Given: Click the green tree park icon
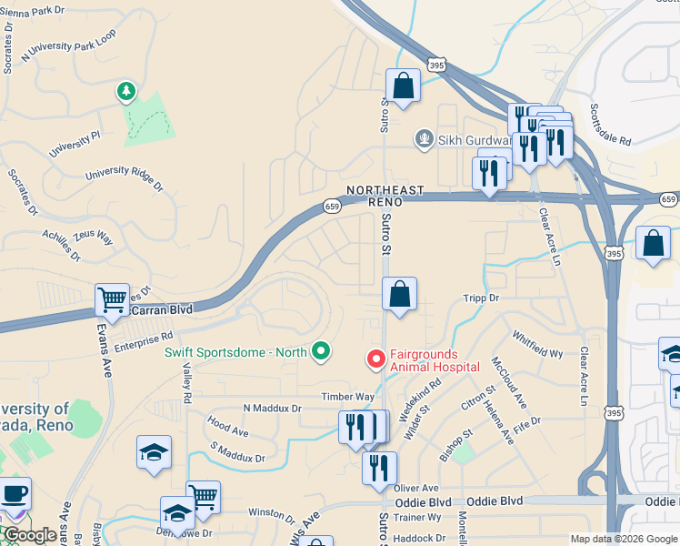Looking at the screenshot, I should tap(125, 92).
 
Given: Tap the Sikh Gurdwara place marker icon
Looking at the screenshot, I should tap(423, 139).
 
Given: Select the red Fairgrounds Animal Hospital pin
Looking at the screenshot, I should tap(375, 360).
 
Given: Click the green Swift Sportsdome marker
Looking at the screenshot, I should tap(320, 350).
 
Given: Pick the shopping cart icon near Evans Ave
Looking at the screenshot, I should tap(112, 298).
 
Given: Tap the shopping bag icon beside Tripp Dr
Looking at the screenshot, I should tap(399, 294).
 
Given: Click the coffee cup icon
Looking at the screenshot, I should tap(15, 494).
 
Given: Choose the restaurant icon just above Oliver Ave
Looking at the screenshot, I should tap(379, 468).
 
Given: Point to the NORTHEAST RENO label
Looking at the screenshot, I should tap(385, 196).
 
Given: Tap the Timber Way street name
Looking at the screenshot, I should tap(347, 397).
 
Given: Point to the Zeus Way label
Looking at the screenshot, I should tap(92, 237).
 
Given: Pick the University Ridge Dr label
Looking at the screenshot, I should tap(124, 178).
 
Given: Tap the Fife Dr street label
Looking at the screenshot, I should tap(526, 421).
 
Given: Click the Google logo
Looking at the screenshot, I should tap(30, 535).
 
